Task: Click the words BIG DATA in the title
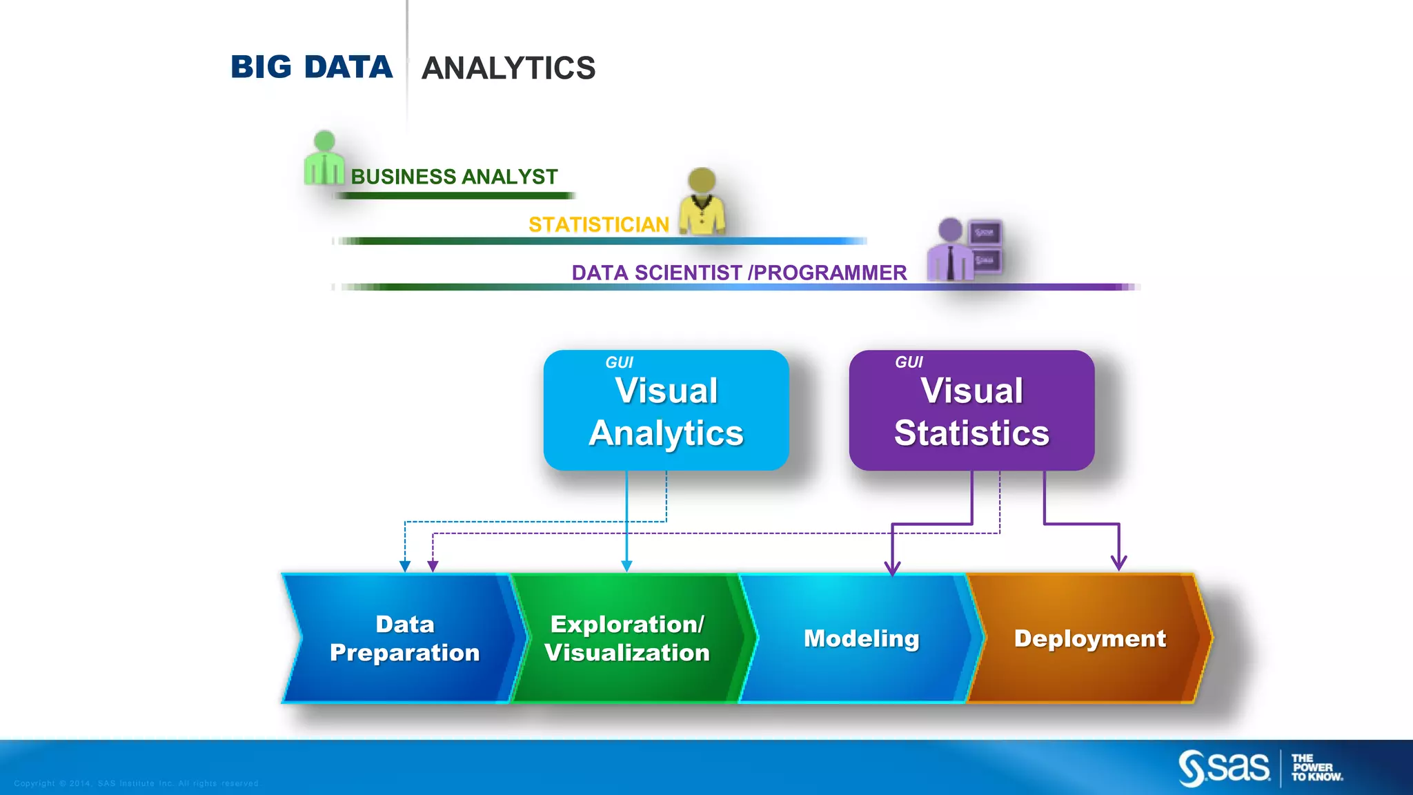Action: pos(311,68)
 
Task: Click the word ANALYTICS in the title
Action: pos(508,68)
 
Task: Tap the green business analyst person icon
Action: pos(324,159)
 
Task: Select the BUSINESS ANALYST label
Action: pos(454,177)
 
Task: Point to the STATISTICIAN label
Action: pos(599,224)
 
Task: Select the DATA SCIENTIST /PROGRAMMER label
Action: pos(739,273)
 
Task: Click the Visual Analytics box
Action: pos(666,411)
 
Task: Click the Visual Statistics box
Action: pos(971,411)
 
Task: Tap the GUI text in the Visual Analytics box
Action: pos(619,362)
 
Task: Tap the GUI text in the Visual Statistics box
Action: pos(909,362)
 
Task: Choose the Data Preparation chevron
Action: pos(404,638)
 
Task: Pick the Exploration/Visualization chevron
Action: pos(626,638)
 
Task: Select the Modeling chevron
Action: pos(861,638)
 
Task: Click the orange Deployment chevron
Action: pos(1089,638)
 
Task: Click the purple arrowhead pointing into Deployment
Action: pos(1118,562)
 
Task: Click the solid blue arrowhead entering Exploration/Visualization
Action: pos(626,566)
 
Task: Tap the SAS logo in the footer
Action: pos(1224,767)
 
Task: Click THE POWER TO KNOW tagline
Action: pos(1316,767)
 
